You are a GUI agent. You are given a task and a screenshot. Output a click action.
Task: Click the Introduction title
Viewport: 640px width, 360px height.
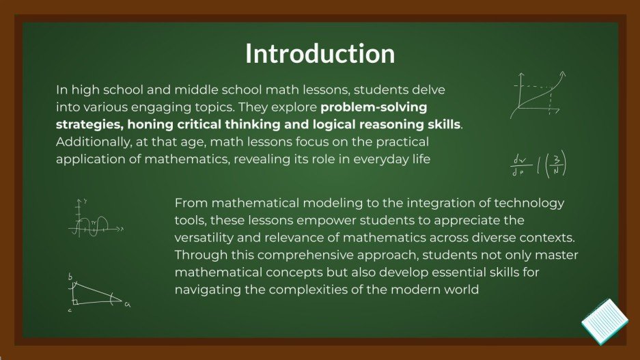click(320, 54)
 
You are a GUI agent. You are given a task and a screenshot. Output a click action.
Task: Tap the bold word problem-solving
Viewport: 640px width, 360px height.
click(374, 107)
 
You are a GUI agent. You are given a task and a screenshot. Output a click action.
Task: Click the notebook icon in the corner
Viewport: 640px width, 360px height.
click(604, 320)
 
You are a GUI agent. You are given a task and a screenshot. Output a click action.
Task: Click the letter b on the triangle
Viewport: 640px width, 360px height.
click(70, 277)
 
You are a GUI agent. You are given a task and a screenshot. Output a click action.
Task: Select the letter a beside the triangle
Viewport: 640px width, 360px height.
click(127, 305)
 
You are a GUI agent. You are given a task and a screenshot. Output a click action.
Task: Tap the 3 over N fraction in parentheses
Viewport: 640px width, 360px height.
click(556, 165)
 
